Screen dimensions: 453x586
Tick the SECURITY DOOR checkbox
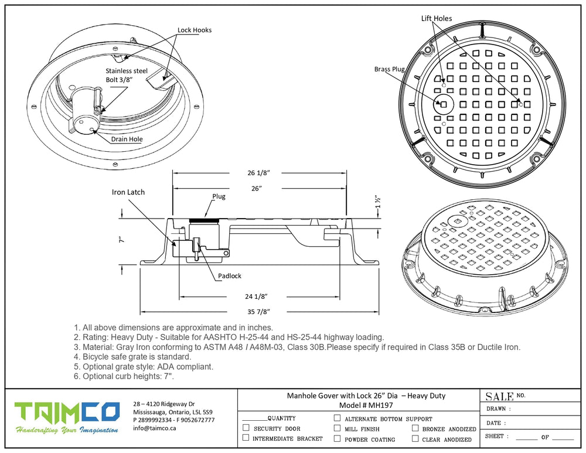(x=246, y=428)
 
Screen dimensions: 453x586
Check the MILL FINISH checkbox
(x=337, y=428)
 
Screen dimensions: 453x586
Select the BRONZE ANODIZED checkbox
(x=415, y=428)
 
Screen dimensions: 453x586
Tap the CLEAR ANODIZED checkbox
(x=415, y=438)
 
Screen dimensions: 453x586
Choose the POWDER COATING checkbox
(x=337, y=438)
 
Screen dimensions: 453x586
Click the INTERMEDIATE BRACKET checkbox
(x=246, y=438)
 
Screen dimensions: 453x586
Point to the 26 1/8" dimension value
(x=258, y=173)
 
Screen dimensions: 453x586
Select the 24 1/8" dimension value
(x=258, y=296)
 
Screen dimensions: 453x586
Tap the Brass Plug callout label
(x=390, y=69)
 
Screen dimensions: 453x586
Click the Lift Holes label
(x=437, y=19)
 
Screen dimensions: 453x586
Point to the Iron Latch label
(x=128, y=192)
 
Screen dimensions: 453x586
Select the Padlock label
(x=229, y=275)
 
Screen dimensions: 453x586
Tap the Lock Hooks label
(x=195, y=30)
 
